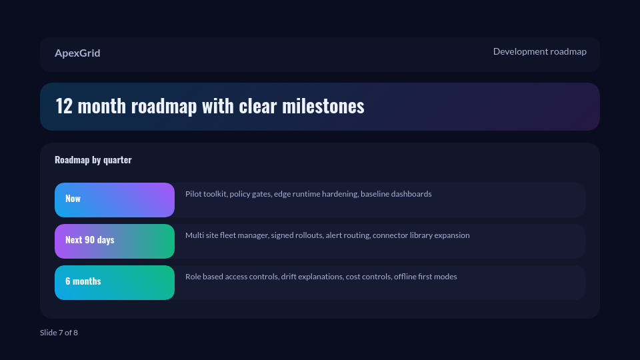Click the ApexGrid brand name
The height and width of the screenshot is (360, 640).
pos(77,53)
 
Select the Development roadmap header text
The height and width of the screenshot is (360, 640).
pos(539,51)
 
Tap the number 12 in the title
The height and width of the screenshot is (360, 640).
pos(63,106)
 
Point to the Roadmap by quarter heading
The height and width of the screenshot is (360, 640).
pos(93,160)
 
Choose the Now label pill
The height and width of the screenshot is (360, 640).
pos(114,199)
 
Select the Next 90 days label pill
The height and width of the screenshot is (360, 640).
pos(114,241)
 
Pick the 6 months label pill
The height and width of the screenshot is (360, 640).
pos(114,282)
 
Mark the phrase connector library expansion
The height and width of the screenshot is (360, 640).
pos(421,235)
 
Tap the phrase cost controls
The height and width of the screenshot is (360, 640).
pos(367,277)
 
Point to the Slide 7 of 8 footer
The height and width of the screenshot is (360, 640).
pos(59,333)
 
